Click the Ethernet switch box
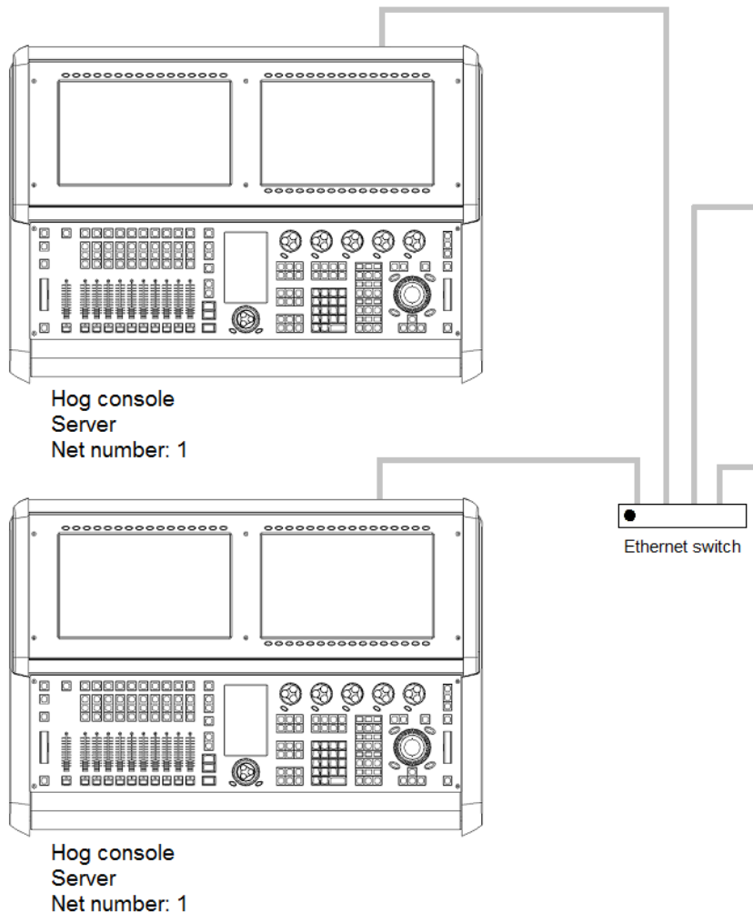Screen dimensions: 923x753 pyautogui.click(x=681, y=516)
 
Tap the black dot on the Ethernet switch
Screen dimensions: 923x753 pyautogui.click(x=627, y=516)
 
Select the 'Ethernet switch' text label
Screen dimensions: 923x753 pyautogui.click(x=681, y=548)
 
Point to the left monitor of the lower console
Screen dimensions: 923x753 pyautogui.click(x=145, y=585)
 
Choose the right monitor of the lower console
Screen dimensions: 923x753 pyautogui.click(x=346, y=585)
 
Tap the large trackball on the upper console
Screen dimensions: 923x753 pyautogui.click(x=413, y=294)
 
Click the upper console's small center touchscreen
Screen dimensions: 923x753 pyautogui.click(x=246, y=266)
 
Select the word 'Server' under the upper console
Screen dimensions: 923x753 pyautogui.click(x=75, y=424)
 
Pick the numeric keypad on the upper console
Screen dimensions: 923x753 pyautogui.click(x=330, y=307)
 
